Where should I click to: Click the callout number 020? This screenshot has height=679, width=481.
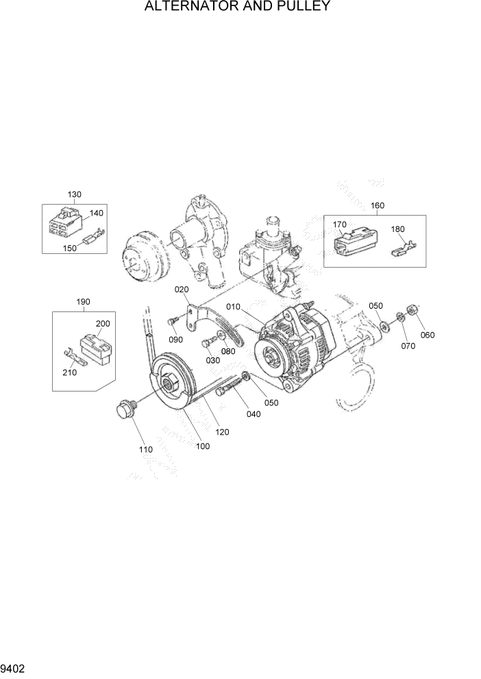click(181, 290)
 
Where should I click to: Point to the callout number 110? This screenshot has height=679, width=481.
click(145, 450)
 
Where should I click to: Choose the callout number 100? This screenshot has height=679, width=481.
click(203, 446)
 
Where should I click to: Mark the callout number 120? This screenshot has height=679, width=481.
click(222, 432)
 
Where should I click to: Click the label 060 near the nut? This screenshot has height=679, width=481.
click(428, 335)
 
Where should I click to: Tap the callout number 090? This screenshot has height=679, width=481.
click(175, 339)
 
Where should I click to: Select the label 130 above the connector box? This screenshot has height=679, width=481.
click(75, 194)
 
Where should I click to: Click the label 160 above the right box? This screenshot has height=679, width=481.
click(378, 205)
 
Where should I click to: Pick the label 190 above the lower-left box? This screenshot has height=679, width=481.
click(83, 301)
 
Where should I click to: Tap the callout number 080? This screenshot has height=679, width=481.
click(228, 351)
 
